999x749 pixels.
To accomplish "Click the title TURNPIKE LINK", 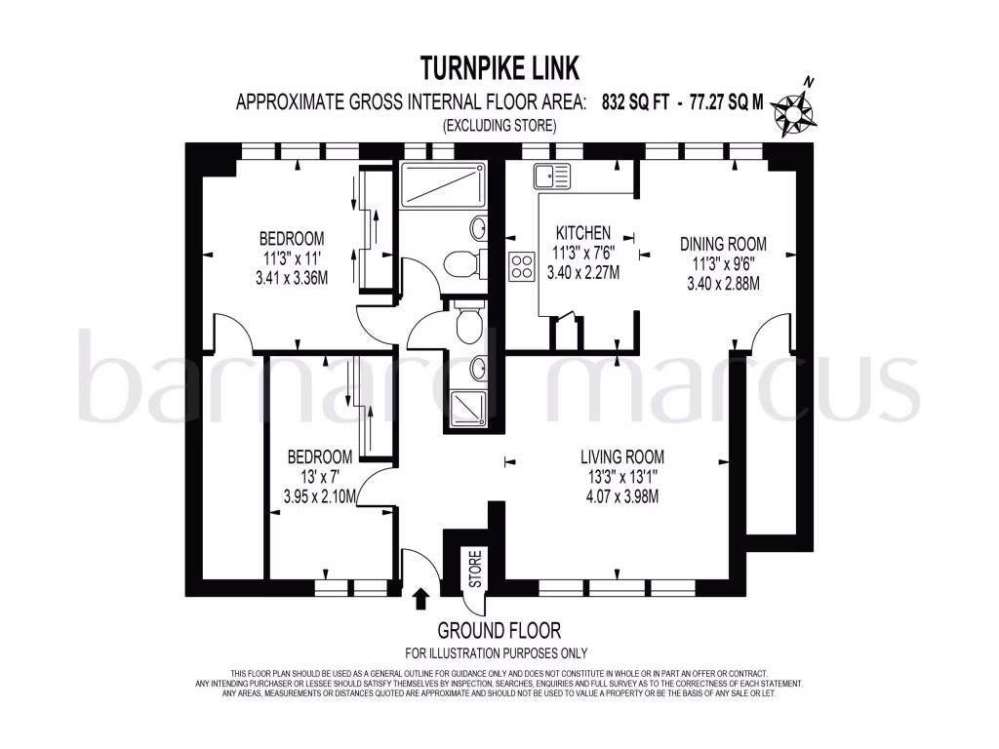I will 499,67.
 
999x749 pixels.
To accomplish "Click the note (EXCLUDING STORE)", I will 499,125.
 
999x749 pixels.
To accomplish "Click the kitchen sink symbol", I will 551,177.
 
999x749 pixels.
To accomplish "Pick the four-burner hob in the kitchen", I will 522,266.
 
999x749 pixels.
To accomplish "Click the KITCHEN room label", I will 582,233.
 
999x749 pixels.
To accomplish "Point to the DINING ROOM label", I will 723,244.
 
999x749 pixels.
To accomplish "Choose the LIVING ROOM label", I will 621,456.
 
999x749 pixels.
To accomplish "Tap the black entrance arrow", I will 421,598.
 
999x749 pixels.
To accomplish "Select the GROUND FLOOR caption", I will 499,631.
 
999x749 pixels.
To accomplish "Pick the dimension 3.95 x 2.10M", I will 319,496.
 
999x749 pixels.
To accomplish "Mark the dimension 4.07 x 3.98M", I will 621,496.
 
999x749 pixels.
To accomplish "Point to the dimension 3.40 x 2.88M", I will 723,284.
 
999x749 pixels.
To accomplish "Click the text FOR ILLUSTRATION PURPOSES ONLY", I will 496,653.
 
